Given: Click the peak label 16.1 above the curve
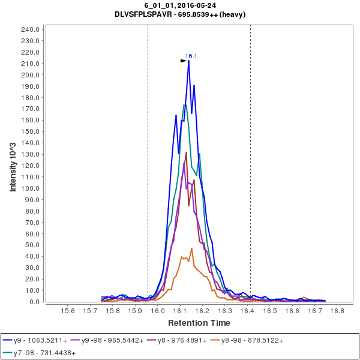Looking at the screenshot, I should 191,56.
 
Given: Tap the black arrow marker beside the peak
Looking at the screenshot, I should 184,61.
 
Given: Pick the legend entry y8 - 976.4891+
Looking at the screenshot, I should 187,340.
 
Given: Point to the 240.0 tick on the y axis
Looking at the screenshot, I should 30,29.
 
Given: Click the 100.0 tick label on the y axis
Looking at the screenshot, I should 30,188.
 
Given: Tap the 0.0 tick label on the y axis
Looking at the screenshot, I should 34,302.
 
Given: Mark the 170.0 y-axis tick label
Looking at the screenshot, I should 30,109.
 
